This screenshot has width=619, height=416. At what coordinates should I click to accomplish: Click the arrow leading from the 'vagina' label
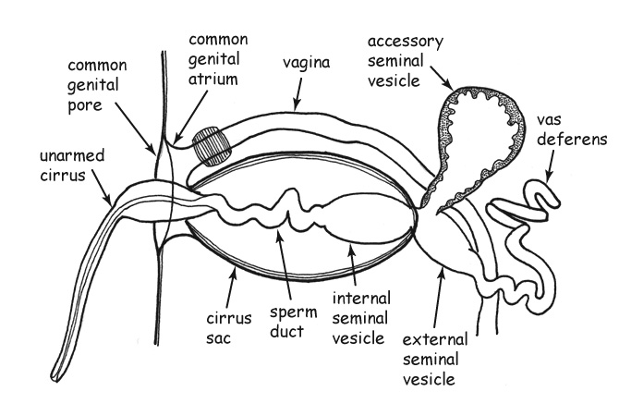click(x=297, y=92)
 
